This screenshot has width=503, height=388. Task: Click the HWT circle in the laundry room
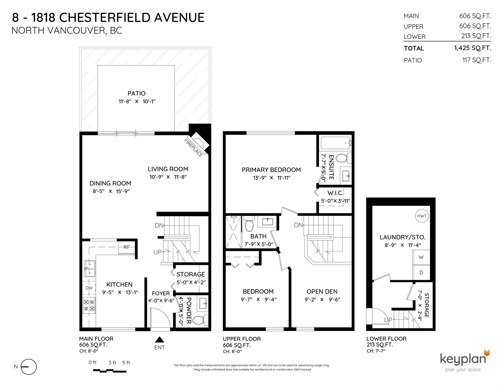coord(422,216)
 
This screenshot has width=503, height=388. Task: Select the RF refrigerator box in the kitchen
coord(127,247)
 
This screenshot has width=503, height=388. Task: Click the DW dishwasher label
coord(89,288)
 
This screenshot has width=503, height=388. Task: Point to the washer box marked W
coord(421,257)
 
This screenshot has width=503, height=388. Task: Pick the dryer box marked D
coord(421,273)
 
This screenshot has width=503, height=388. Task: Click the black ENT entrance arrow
coord(160,340)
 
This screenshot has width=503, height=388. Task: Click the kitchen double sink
coord(89,269)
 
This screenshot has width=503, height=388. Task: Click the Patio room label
coord(136,93)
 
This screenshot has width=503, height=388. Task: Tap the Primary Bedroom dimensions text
coord(271,178)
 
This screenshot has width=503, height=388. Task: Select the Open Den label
coord(322,291)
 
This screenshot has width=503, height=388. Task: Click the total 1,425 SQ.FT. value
coord(473,48)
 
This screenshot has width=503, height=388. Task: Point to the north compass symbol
coord(28,367)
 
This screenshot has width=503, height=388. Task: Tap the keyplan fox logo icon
coord(486,353)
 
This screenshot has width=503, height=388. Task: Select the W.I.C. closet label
coord(335,193)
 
